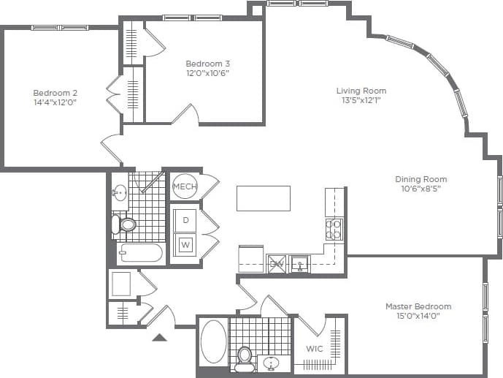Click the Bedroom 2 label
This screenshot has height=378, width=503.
(x=55, y=93)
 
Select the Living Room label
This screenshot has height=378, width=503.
(x=358, y=91)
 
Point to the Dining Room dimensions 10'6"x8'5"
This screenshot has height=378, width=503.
(x=421, y=189)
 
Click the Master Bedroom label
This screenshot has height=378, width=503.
(x=418, y=306)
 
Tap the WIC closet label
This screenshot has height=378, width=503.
(x=314, y=349)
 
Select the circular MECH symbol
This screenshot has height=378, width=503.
(x=185, y=187)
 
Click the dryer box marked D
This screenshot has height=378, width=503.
(x=185, y=220)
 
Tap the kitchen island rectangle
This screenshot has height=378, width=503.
(x=263, y=198)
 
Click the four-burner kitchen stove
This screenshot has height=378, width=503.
(x=334, y=229)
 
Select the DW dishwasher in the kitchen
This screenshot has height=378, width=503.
(x=277, y=263)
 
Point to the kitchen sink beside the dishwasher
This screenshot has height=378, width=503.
(x=300, y=263)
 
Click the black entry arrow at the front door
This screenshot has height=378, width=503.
(x=159, y=337)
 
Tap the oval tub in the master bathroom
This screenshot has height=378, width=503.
(x=213, y=341)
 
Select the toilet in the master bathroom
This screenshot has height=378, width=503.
(x=245, y=357)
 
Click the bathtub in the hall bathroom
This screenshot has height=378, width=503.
(x=140, y=254)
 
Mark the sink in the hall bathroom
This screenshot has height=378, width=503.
(x=120, y=194)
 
